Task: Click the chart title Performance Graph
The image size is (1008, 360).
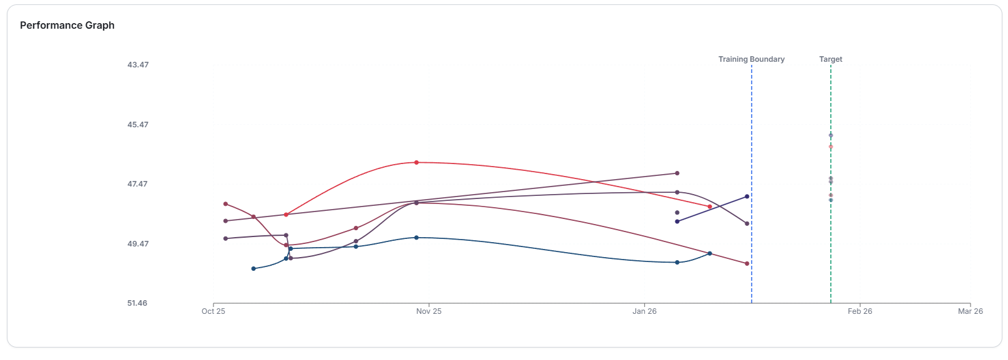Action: pyautogui.click(x=67, y=26)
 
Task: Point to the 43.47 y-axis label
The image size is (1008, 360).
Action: pyautogui.click(x=138, y=65)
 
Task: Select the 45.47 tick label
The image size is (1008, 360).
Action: pyautogui.click(x=138, y=125)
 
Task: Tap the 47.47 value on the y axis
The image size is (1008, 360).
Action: pyautogui.click(x=138, y=184)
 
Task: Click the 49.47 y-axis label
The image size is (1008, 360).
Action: pyautogui.click(x=138, y=244)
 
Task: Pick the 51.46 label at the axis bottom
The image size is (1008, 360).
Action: pyautogui.click(x=137, y=303)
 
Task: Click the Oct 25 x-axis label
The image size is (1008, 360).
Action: pyautogui.click(x=213, y=311)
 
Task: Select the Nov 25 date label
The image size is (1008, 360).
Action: pyautogui.click(x=429, y=311)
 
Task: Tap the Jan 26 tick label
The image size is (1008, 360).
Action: pyautogui.click(x=645, y=311)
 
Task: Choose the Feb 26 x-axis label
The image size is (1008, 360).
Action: pyautogui.click(x=860, y=311)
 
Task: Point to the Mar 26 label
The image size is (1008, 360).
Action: pyautogui.click(x=970, y=311)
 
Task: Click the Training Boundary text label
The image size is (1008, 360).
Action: pyautogui.click(x=751, y=59)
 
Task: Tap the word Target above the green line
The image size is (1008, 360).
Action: pyautogui.click(x=831, y=59)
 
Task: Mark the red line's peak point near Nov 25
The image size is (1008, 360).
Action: pyautogui.click(x=416, y=162)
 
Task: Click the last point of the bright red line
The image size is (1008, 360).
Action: pyautogui.click(x=710, y=207)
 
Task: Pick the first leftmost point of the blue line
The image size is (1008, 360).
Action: pyautogui.click(x=253, y=269)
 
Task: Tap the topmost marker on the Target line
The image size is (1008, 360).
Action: pyautogui.click(x=831, y=135)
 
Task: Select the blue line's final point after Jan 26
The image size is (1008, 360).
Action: pyautogui.click(x=710, y=253)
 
